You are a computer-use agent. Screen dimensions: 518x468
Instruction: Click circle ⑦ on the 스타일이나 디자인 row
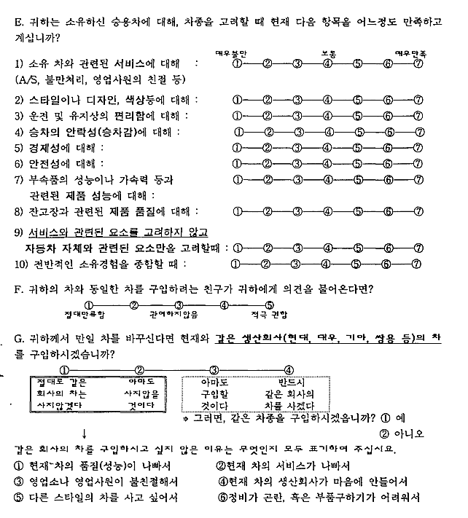pyautogui.click(x=418, y=99)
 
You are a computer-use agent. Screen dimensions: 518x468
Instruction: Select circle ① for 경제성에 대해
pyautogui.click(x=237, y=148)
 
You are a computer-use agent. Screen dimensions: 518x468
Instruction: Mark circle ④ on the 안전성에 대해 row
pyautogui.click(x=327, y=164)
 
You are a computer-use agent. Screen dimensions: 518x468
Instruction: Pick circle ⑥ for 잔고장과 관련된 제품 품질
pyautogui.click(x=388, y=211)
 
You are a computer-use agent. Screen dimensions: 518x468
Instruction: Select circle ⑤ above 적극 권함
pyautogui.click(x=269, y=305)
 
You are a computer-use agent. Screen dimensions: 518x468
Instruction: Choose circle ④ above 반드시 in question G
pyautogui.click(x=289, y=369)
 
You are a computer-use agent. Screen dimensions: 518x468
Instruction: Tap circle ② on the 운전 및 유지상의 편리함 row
pyautogui.click(x=268, y=115)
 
